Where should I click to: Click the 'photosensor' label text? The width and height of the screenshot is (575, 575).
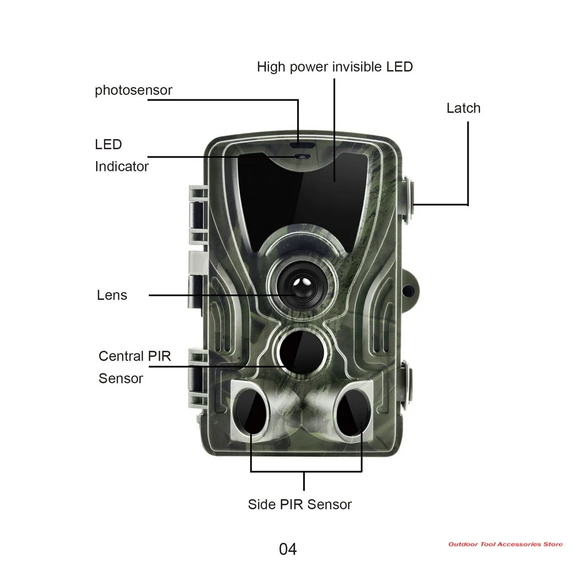133,90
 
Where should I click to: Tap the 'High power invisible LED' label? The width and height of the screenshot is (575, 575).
335,67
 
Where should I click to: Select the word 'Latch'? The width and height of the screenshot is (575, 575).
463,108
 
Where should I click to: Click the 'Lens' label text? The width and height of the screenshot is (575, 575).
112,295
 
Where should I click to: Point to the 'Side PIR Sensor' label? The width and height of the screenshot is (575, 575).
300,504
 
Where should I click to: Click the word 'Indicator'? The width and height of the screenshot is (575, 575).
122,167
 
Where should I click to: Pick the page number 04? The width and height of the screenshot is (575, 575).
287,549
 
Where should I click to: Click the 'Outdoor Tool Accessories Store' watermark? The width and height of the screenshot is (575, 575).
505,544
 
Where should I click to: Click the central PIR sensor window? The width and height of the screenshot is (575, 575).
302,352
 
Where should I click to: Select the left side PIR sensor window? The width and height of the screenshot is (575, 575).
252,411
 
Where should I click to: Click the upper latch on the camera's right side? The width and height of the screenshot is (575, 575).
408,200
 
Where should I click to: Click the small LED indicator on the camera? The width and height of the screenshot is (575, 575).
303,156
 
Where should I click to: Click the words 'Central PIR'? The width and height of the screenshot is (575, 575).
135,356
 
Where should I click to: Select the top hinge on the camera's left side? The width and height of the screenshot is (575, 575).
197,215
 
